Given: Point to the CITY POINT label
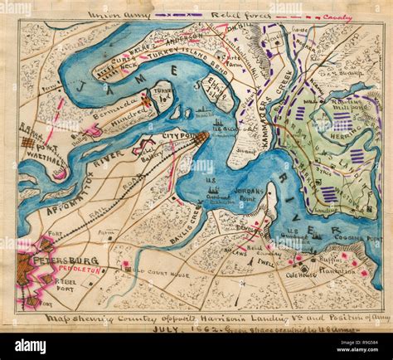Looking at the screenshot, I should click(177, 134).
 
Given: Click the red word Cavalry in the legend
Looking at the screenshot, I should click(338, 17).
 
